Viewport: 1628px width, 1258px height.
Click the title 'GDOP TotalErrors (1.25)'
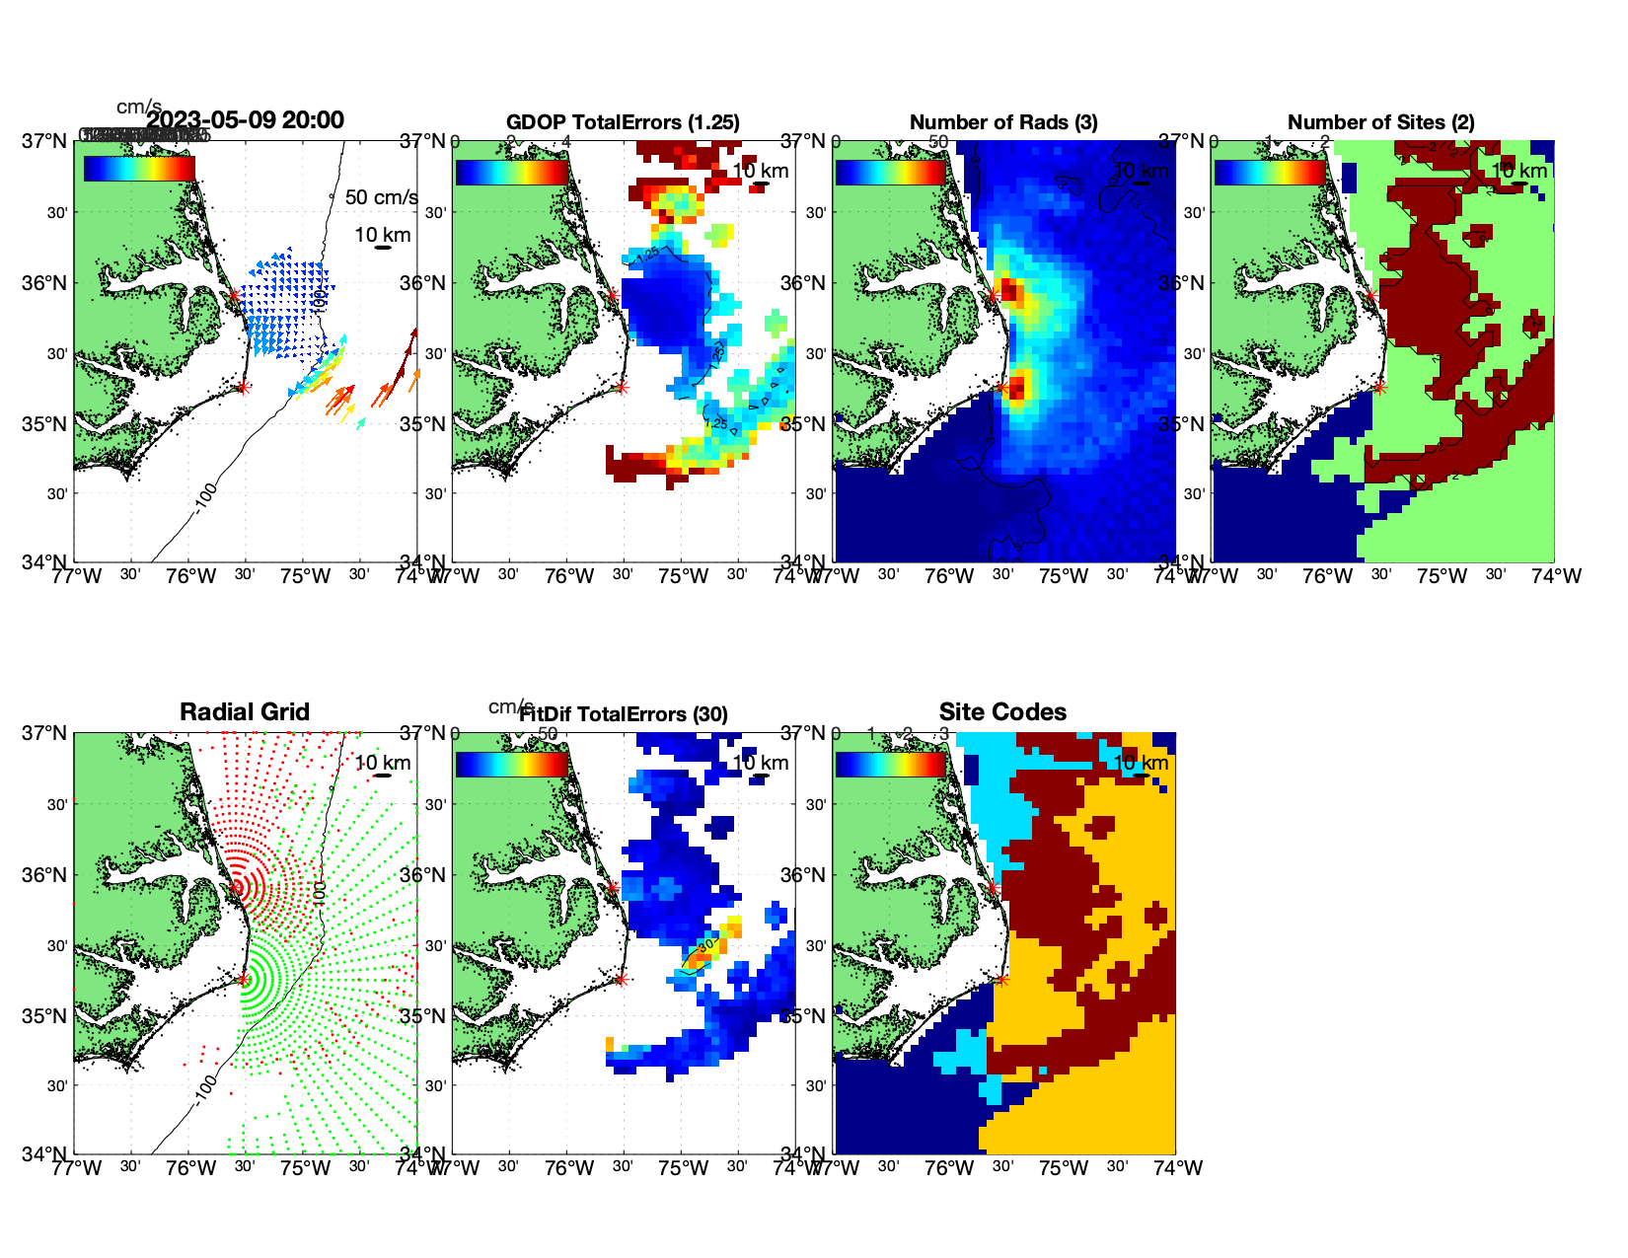point(623,122)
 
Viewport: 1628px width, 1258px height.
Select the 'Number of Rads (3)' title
point(1003,122)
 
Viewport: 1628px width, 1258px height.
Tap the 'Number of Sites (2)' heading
point(1380,122)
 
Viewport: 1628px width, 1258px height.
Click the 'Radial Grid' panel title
point(245,712)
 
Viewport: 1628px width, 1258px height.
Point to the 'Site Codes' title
point(1002,712)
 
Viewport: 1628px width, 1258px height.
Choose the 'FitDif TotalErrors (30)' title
point(624,714)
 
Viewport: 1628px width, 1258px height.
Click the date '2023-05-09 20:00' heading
point(246,120)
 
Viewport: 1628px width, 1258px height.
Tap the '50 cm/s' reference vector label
point(381,197)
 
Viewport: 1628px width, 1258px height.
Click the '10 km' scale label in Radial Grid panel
point(383,763)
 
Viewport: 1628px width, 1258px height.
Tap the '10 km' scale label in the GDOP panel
point(761,171)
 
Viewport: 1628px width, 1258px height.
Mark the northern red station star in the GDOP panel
point(613,294)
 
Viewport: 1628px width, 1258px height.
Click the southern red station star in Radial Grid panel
point(243,979)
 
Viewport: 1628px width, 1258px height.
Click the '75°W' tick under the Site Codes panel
point(1064,1168)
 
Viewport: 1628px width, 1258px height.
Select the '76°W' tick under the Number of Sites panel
point(1327,576)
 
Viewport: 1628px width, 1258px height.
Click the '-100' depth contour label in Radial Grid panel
point(204,1085)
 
